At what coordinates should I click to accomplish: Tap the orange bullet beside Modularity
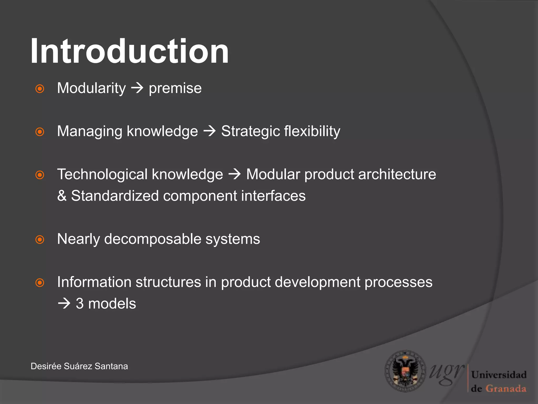tap(40, 89)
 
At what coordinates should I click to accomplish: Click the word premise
tap(175, 88)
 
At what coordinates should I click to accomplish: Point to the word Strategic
tap(250, 131)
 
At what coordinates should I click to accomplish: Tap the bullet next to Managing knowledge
tap(40, 132)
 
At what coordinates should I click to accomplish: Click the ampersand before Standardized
tap(62, 196)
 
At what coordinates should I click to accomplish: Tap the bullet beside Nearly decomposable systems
tap(40, 240)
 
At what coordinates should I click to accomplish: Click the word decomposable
tap(152, 239)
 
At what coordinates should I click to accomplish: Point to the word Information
tap(94, 282)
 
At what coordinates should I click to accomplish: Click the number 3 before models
tap(80, 304)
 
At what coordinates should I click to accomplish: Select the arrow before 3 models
tap(64, 304)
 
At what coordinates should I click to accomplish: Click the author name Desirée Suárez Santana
tap(79, 366)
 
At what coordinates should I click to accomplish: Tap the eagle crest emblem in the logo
tap(405, 371)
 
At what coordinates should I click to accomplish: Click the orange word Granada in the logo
tap(506, 388)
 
